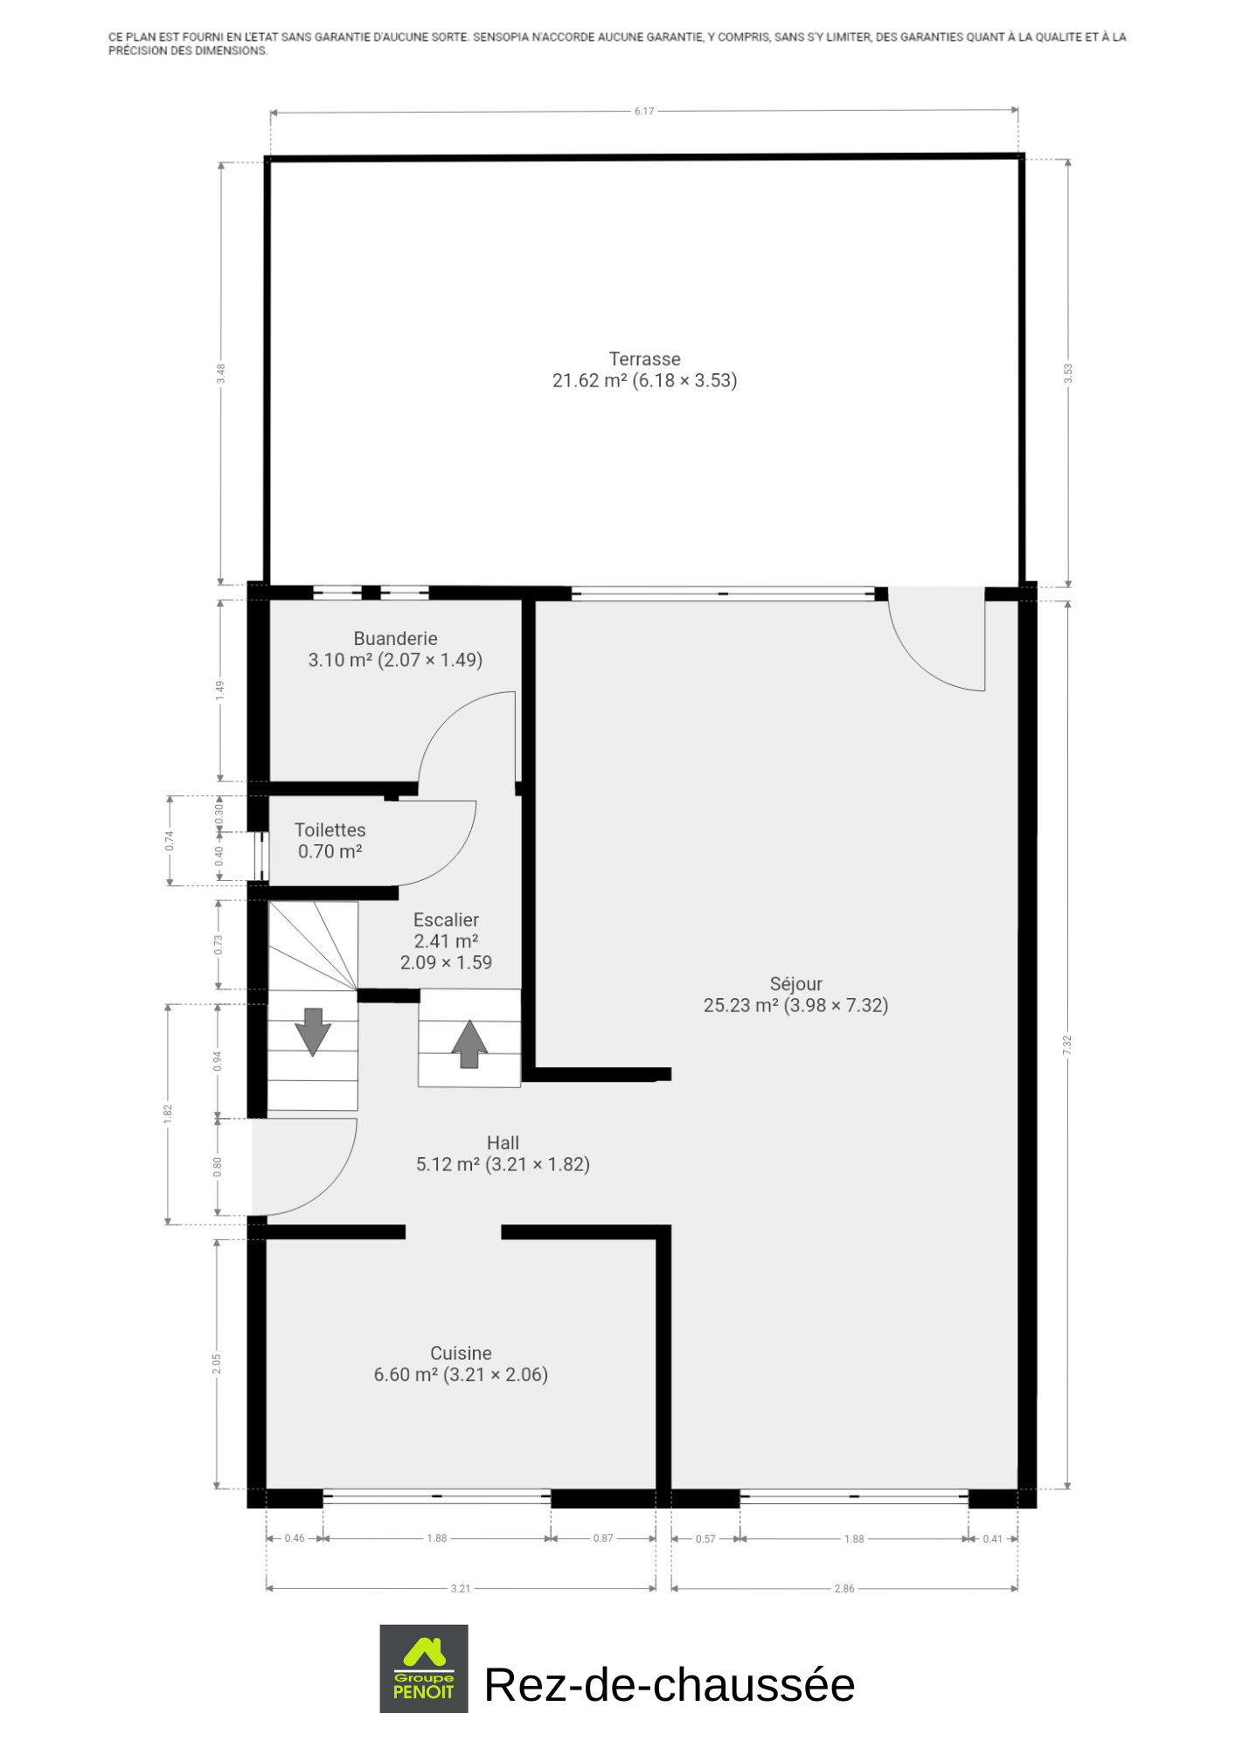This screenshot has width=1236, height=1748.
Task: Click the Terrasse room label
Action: coord(644,359)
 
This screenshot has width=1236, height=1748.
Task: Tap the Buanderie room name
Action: coord(395,639)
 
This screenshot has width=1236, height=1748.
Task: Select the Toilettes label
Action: coord(330,830)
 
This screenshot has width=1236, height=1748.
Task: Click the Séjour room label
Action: coord(795,984)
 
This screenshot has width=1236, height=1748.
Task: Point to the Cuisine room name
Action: coord(461,1353)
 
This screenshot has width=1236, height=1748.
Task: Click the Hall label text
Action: coord(503,1142)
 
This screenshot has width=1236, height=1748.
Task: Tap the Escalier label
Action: coord(446,919)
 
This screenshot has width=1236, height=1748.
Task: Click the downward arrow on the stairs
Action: coord(312,1032)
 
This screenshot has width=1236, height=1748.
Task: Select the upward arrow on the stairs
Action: coord(469,1044)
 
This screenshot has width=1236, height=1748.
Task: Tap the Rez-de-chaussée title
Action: coord(670,1684)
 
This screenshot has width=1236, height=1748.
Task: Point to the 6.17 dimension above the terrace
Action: coord(644,111)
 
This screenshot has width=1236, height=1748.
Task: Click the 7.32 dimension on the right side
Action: coord(1066,1044)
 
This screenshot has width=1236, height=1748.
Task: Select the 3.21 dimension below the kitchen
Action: coord(461,1588)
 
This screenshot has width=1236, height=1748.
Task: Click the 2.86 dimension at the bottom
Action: coord(844,1588)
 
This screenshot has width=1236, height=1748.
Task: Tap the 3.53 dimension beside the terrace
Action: coord(1067,373)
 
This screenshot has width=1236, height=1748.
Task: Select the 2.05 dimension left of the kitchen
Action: coord(217,1363)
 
